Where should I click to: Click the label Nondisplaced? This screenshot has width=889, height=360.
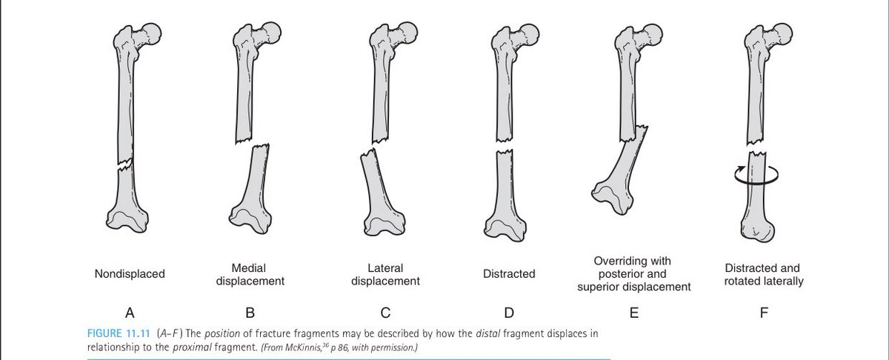(130, 274)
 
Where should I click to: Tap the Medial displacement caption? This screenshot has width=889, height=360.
(250, 274)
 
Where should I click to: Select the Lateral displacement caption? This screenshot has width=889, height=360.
(385, 274)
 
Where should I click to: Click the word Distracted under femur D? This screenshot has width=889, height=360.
(508, 274)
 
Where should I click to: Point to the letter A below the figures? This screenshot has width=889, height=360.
(130, 313)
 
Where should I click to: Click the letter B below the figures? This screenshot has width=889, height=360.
(250, 313)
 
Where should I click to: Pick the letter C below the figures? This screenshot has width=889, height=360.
(385, 313)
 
